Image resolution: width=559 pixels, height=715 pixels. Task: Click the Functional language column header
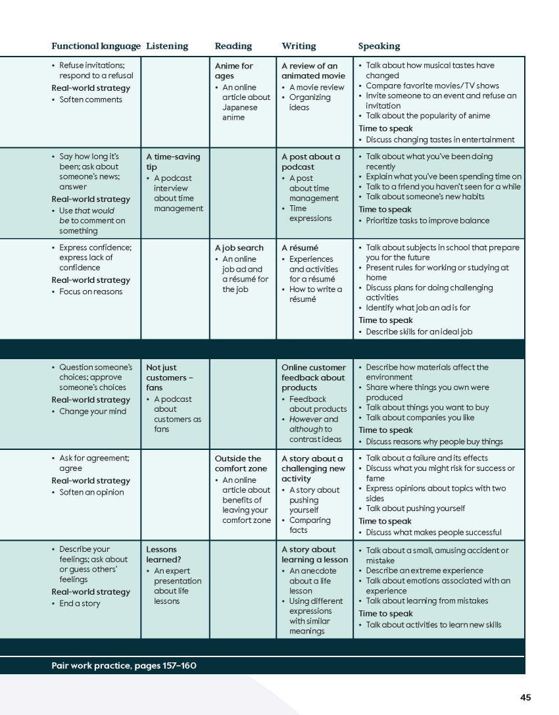click(x=96, y=46)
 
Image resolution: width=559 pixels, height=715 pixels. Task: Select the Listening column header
click(x=167, y=46)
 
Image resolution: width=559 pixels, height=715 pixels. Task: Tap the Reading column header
click(x=233, y=46)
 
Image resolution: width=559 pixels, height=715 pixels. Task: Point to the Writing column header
click(x=299, y=46)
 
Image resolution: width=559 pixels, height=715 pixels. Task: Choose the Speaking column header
click(x=379, y=46)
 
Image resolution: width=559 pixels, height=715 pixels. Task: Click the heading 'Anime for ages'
click(x=234, y=71)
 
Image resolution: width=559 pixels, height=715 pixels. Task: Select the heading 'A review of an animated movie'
click(x=310, y=71)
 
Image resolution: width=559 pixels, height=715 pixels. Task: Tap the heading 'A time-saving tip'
click(x=173, y=162)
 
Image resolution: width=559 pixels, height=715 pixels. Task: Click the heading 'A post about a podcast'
click(x=311, y=162)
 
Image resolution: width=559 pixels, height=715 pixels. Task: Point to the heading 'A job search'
click(x=239, y=248)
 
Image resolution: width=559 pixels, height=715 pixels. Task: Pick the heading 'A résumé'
click(x=300, y=248)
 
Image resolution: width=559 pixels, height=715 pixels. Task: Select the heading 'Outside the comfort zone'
click(x=238, y=464)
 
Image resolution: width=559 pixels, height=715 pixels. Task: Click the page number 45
click(x=525, y=698)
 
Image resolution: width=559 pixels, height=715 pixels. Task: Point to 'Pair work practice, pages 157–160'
click(x=124, y=666)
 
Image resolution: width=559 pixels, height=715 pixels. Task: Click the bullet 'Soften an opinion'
click(x=91, y=492)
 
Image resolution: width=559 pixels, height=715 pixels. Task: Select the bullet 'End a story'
click(x=80, y=603)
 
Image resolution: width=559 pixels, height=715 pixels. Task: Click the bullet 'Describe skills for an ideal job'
click(x=419, y=332)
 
